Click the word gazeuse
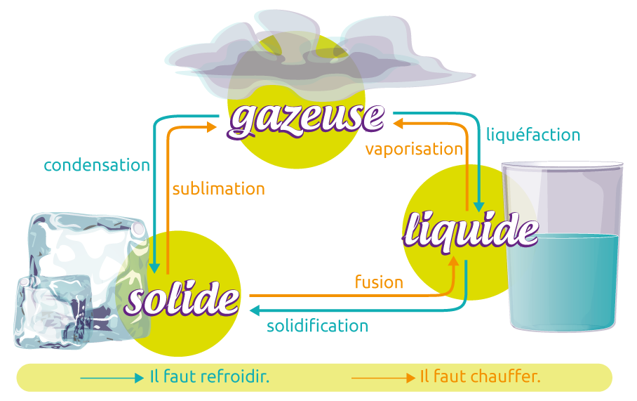click(307, 118)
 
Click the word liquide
click(471, 230)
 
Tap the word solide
click(182, 299)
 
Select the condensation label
click(97, 166)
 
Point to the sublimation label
click(218, 189)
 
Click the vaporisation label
click(414, 150)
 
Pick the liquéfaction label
click(533, 135)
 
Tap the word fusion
click(379, 282)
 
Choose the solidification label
click(318, 326)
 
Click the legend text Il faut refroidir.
click(210, 377)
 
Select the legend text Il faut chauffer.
click(481, 377)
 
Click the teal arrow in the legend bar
click(112, 378)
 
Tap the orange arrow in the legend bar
click(383, 378)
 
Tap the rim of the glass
click(563, 166)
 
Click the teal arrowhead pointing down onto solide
click(156, 268)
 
